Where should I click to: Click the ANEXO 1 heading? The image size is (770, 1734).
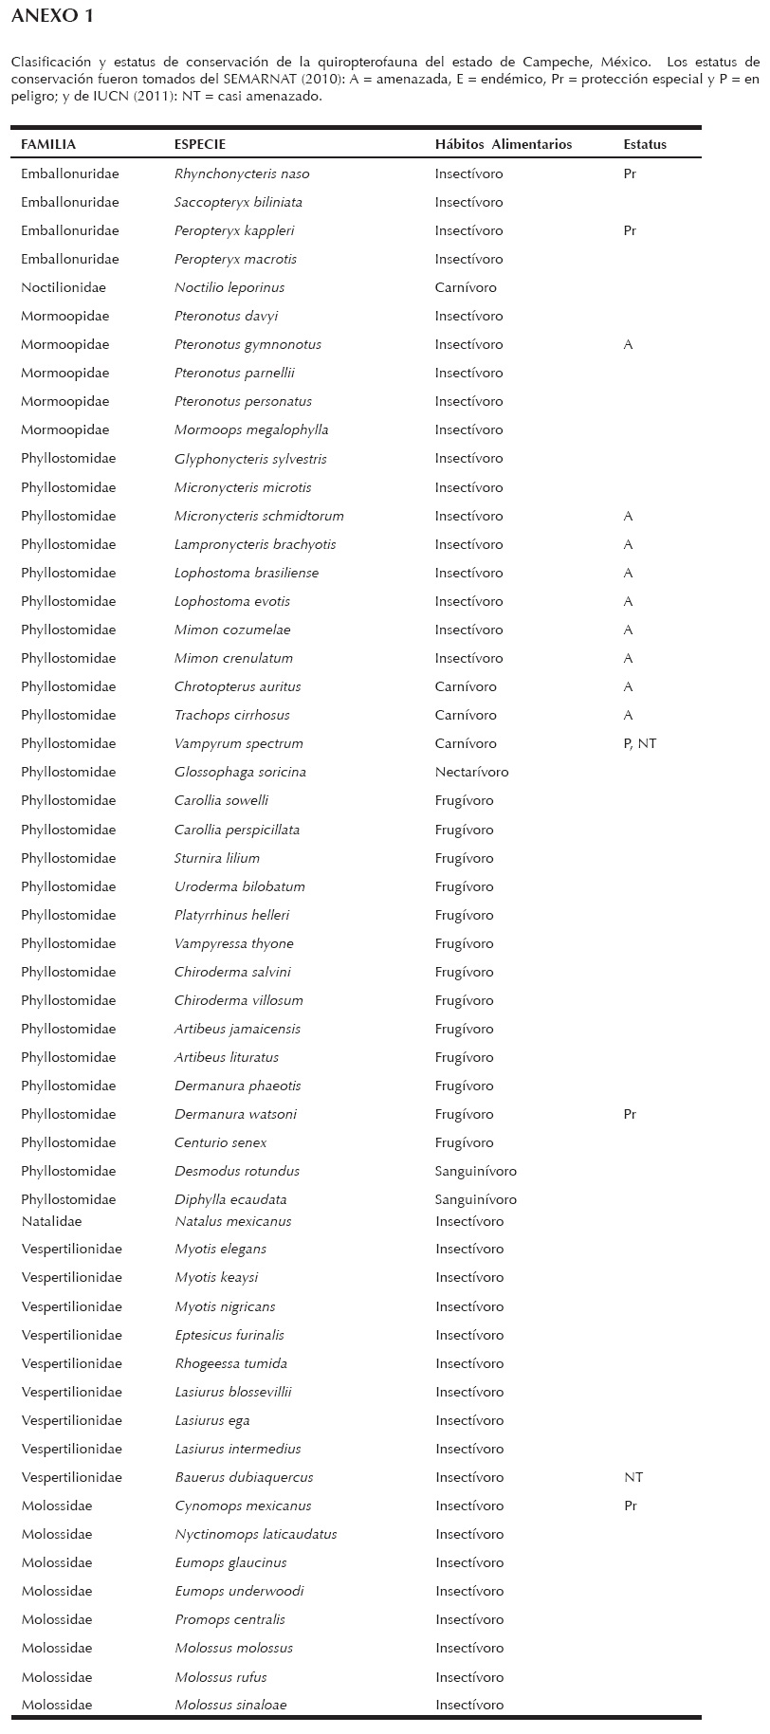[x=52, y=16]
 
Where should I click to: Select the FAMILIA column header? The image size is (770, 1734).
[x=48, y=144]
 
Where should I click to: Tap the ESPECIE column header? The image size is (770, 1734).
[x=200, y=144]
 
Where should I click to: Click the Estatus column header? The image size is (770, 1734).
[x=645, y=144]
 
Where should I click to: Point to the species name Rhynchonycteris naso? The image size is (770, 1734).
[x=242, y=173]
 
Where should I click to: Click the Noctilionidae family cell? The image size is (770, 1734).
[x=64, y=287]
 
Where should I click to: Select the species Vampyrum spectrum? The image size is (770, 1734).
[x=239, y=743]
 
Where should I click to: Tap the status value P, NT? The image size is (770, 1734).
[x=640, y=743]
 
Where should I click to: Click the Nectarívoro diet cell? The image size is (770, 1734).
[x=471, y=772]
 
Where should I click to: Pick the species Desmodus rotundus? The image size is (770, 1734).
[x=237, y=1171]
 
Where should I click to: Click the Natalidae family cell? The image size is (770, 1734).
[x=51, y=1221]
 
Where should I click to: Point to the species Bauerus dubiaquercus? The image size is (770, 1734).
[x=244, y=1477]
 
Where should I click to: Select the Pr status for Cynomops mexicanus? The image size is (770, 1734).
[x=631, y=1506]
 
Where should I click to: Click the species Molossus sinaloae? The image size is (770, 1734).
[x=230, y=1705]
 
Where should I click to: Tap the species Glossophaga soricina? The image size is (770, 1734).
[x=240, y=772]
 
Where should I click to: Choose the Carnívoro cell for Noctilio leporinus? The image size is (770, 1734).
[x=466, y=287]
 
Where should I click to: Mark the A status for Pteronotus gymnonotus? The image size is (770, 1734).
[x=628, y=344]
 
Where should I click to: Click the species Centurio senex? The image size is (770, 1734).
[x=221, y=1142]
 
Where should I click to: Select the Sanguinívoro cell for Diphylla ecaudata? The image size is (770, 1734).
[x=476, y=1199]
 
